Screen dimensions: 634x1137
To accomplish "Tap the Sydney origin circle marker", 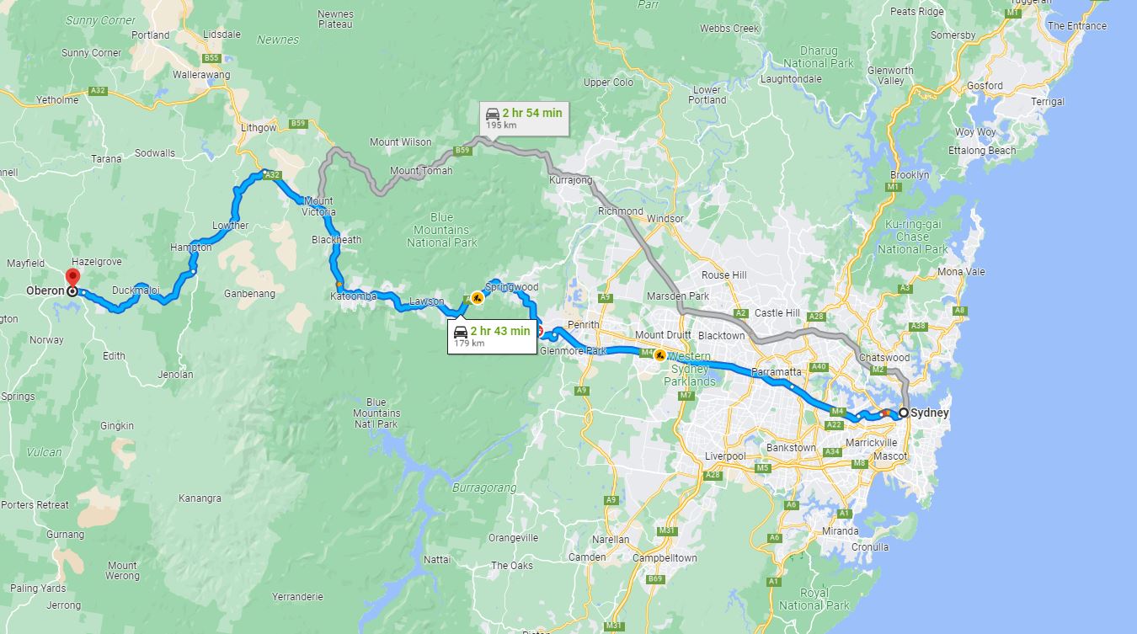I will pyautogui.click(x=904, y=413).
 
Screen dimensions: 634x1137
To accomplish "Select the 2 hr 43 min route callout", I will pyautogui.click(x=493, y=335).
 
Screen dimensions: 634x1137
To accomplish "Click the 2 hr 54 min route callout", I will pyautogui.click(x=523, y=118).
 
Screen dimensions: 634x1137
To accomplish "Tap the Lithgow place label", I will pyautogui.click(x=258, y=127).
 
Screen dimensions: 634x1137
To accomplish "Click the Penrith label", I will pyautogui.click(x=584, y=324).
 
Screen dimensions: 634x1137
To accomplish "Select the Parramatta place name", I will pyautogui.click(x=776, y=370).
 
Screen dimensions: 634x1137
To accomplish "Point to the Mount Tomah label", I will pyautogui.click(x=420, y=171).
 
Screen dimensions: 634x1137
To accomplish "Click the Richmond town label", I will pyautogui.click(x=620, y=211).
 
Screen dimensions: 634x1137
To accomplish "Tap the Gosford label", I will pyautogui.click(x=985, y=86).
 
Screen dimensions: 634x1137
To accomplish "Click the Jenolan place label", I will pyautogui.click(x=175, y=375).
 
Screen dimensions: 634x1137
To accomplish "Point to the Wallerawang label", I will pyautogui.click(x=201, y=75).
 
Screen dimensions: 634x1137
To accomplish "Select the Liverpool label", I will pyautogui.click(x=725, y=456).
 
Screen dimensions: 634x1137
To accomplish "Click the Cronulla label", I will pyautogui.click(x=870, y=547).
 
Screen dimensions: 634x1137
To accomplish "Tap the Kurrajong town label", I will pyautogui.click(x=570, y=180).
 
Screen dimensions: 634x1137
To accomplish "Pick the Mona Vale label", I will pyautogui.click(x=961, y=272).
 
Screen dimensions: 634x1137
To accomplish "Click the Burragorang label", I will pyautogui.click(x=478, y=487).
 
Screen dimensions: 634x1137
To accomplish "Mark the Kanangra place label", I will pyautogui.click(x=200, y=498).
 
